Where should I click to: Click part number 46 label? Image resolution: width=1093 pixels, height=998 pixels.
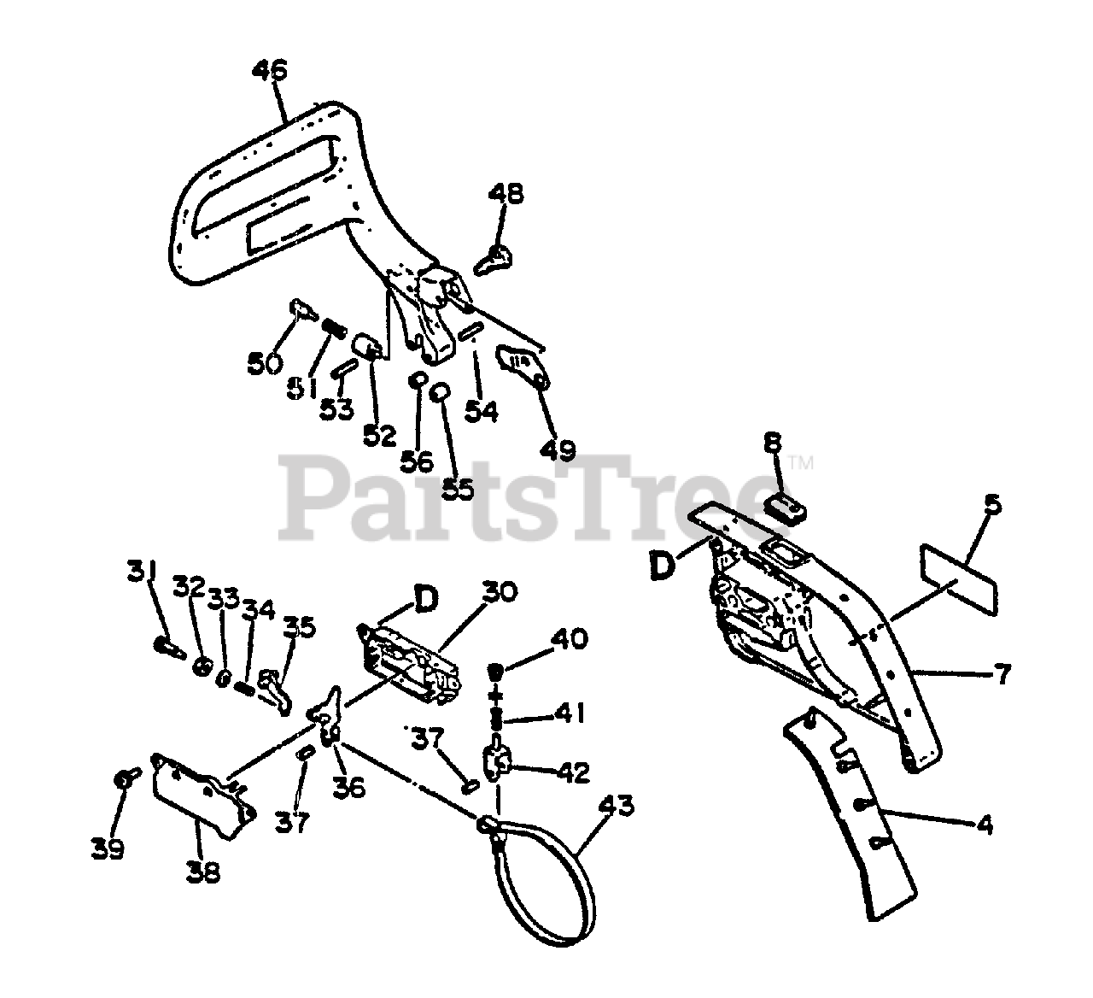click(270, 70)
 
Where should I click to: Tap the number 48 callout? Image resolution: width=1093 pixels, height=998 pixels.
click(506, 194)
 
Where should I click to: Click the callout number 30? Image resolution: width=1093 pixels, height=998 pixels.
click(500, 591)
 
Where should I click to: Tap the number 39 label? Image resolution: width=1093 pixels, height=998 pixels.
click(107, 849)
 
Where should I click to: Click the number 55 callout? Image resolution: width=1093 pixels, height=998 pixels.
click(457, 489)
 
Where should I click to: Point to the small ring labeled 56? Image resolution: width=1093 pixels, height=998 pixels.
click(418, 379)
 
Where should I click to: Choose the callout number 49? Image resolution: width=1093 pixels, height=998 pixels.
click(558, 449)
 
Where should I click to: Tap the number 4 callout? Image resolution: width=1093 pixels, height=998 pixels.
click(985, 825)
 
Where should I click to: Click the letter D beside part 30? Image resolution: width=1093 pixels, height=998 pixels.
click(426, 599)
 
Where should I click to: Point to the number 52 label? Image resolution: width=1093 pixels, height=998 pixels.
click(379, 435)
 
